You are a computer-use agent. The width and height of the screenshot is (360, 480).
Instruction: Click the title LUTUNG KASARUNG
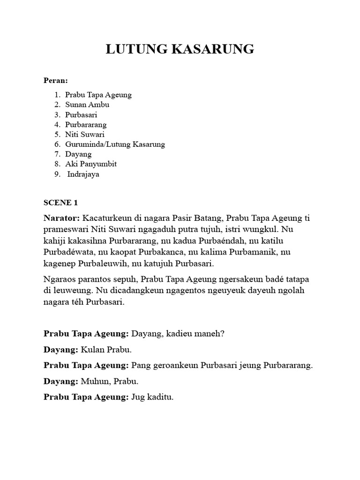(x=180, y=49)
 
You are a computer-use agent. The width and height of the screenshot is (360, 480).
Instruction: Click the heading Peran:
(x=56, y=81)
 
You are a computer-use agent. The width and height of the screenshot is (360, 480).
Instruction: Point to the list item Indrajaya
(x=83, y=174)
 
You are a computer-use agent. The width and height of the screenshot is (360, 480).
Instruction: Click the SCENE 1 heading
(x=60, y=202)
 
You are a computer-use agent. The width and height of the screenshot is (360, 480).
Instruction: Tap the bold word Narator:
(x=62, y=218)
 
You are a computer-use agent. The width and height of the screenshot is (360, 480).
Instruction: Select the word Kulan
(x=92, y=350)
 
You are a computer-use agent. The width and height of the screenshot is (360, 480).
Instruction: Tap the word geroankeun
(x=172, y=366)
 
